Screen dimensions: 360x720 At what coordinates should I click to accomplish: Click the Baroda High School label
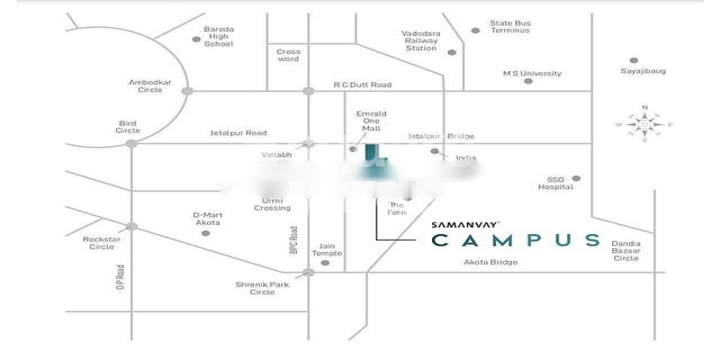tap(219, 36)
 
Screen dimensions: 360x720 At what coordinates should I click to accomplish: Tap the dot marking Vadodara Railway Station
tap(452, 52)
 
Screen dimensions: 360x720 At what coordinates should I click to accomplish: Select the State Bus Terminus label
tap(510, 27)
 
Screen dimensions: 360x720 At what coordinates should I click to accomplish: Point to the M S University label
tap(532, 73)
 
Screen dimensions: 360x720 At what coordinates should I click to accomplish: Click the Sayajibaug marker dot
tap(634, 60)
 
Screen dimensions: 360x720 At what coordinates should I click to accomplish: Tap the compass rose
tap(644, 124)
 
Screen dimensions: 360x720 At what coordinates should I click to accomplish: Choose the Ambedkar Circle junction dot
tap(187, 91)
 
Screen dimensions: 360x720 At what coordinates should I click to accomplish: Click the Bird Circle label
tap(128, 127)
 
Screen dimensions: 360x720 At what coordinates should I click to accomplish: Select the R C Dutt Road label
tap(362, 85)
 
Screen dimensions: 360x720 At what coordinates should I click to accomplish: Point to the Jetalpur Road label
tap(238, 133)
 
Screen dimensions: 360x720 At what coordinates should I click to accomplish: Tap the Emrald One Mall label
tap(371, 121)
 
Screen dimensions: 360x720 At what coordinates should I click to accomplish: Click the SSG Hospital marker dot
tap(576, 178)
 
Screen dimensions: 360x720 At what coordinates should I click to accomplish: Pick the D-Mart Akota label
tap(207, 219)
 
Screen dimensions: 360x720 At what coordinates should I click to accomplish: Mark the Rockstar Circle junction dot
tap(131, 226)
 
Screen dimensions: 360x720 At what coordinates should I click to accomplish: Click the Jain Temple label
tap(327, 250)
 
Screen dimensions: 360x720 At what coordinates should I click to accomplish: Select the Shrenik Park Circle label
tap(262, 288)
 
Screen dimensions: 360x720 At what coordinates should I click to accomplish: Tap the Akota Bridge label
tap(490, 262)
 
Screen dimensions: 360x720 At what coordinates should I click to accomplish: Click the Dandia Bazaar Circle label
tap(625, 251)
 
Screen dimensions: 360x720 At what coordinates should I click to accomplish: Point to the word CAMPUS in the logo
tap(516, 240)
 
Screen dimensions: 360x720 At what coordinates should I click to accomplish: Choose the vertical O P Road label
tap(120, 277)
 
